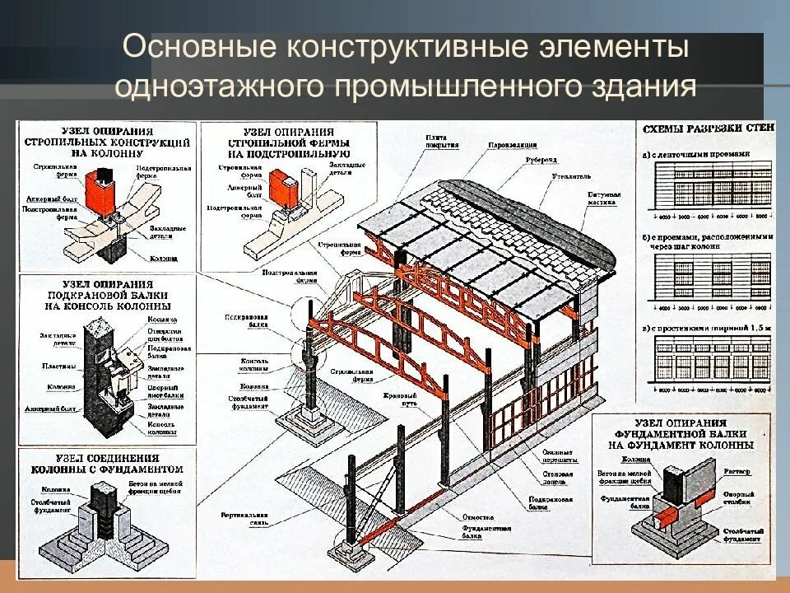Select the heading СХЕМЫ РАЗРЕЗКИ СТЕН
pos(705,129)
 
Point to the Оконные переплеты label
pos(560,455)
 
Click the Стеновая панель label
pos(559,474)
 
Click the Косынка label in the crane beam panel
pos(160,319)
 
